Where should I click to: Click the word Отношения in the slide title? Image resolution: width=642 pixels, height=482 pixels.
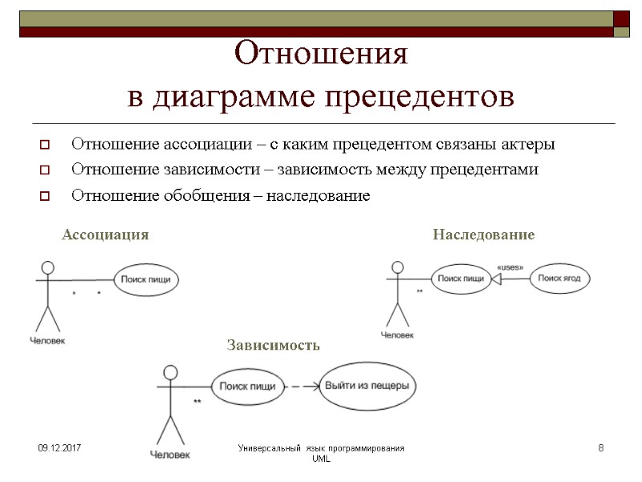321,55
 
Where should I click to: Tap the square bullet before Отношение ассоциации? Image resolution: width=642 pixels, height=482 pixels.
44,145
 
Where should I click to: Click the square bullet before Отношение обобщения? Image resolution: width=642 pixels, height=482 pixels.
44,196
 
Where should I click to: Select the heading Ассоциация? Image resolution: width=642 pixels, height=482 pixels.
105,235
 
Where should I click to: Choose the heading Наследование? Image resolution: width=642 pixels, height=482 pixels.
483,235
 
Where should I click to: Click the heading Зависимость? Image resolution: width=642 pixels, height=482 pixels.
273,345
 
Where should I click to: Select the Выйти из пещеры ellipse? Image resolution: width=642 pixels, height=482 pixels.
367,386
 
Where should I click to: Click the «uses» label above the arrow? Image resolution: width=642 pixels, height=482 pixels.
510,267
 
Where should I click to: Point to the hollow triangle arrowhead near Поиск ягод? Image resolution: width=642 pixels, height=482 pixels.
496,279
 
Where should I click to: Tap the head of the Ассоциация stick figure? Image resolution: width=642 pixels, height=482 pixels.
48,267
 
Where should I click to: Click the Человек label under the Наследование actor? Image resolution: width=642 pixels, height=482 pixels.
397,335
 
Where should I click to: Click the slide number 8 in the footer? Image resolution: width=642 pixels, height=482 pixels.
600,447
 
